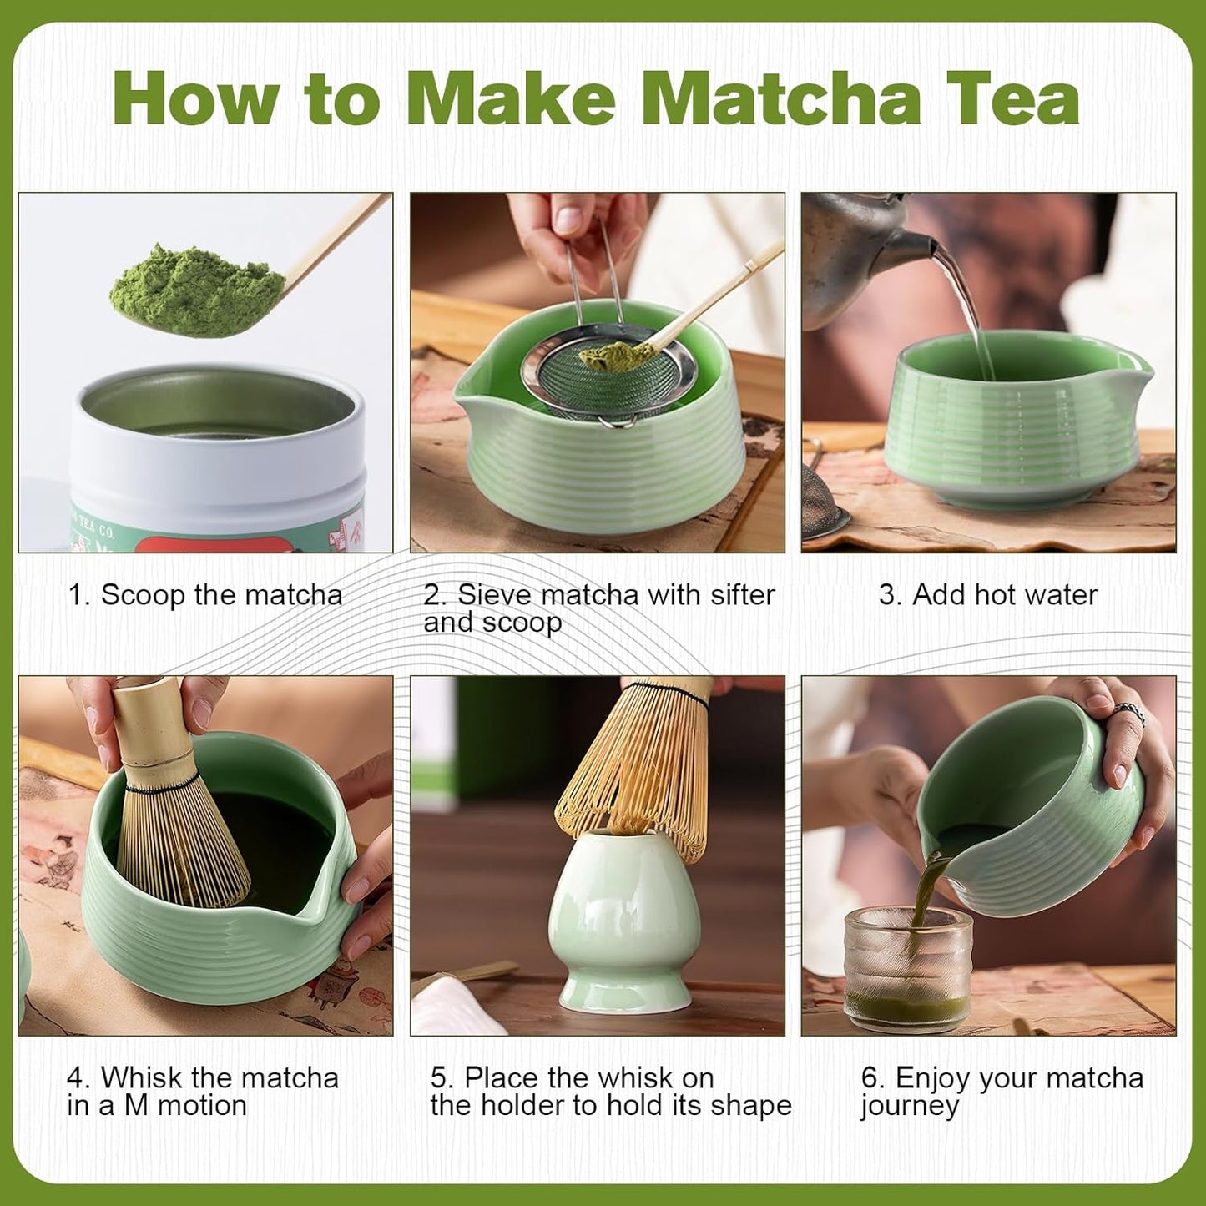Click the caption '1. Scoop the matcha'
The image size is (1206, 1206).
[x=204, y=595]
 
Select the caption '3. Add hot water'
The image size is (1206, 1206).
[x=987, y=595]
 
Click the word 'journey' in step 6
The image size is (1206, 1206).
[x=910, y=1106]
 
